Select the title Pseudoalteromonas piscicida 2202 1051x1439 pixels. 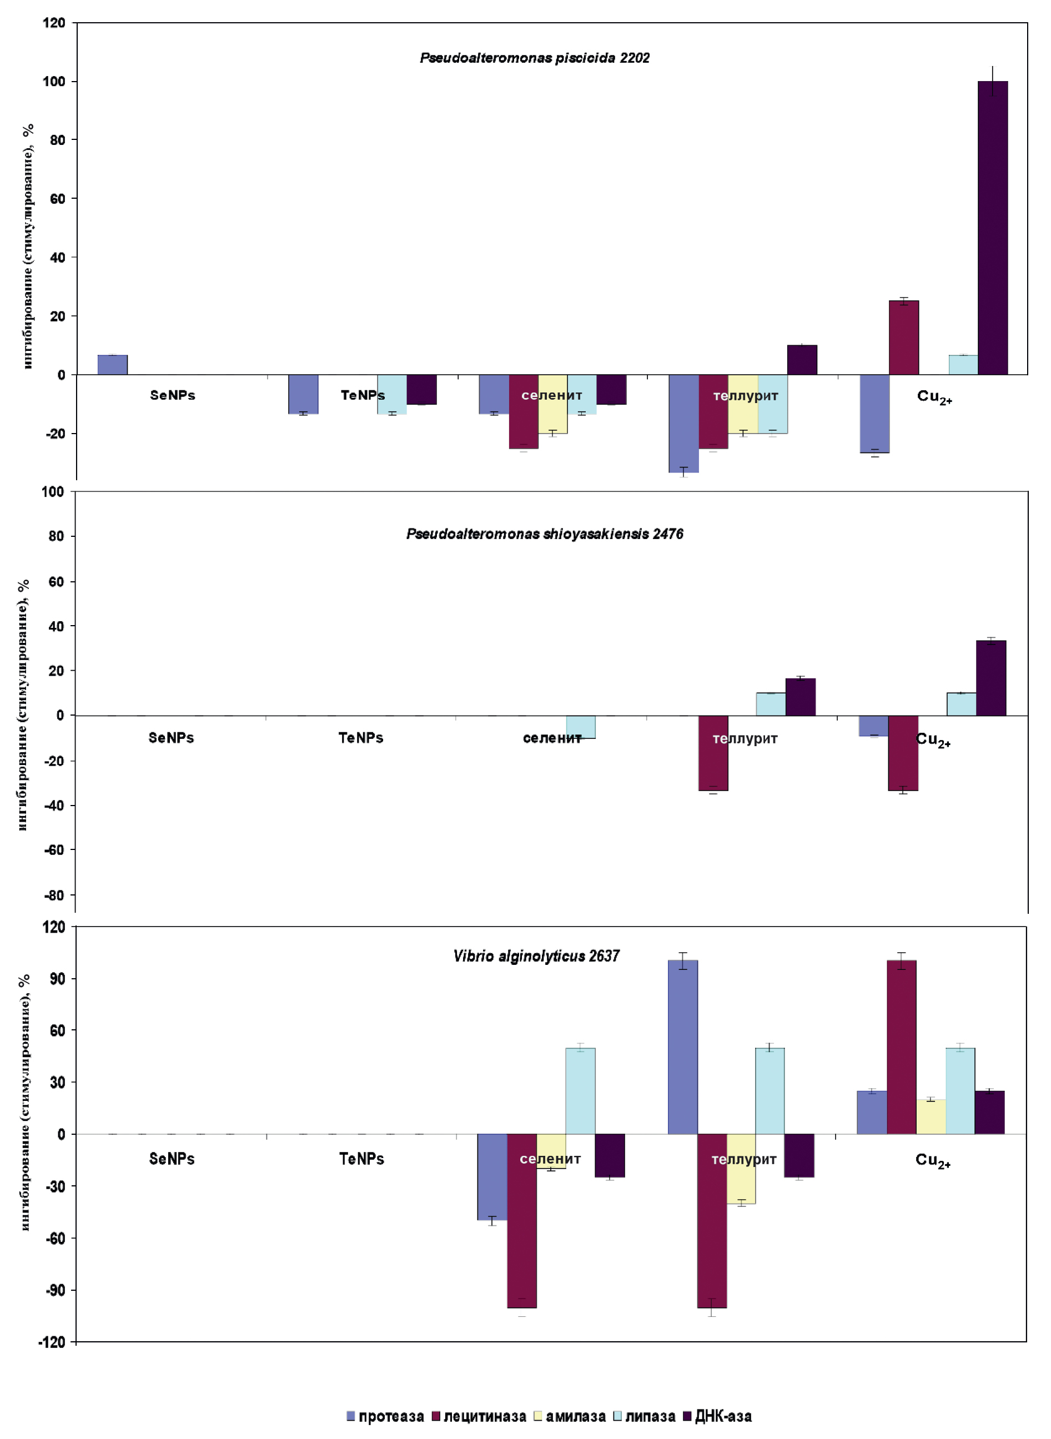coord(535,58)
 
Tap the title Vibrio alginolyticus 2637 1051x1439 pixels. coord(536,956)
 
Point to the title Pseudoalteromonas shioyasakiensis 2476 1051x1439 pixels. coord(545,534)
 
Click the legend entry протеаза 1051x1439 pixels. coord(385,1416)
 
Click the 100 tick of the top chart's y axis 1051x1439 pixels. coord(54,82)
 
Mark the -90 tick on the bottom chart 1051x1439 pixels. coord(56,1290)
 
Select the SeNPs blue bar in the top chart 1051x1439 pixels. coord(113,365)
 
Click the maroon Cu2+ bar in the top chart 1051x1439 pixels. coord(903,338)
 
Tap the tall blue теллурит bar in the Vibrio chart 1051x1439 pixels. coord(683,1048)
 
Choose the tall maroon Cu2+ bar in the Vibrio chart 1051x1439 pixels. coord(902,1048)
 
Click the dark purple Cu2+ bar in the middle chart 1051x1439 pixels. coord(991,678)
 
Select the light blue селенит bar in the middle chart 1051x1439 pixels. coord(581,727)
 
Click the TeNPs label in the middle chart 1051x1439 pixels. coord(361,738)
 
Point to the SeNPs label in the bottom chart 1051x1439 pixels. coord(172,1159)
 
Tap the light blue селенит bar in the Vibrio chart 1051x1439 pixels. coord(580,1091)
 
